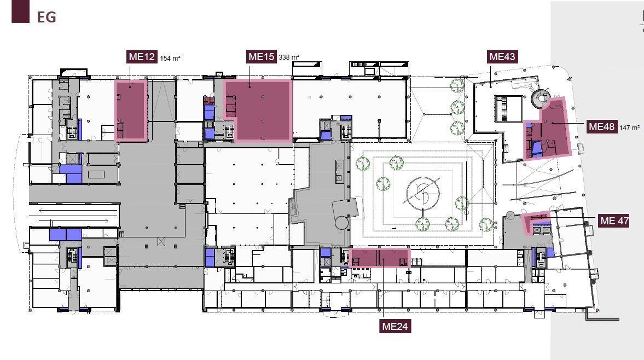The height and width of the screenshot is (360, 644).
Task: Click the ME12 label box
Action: tap(142, 57)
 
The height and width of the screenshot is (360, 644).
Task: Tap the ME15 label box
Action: tap(262, 57)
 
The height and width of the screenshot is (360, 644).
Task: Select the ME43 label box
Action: tap(502, 57)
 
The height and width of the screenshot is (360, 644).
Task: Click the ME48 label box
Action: tap(602, 127)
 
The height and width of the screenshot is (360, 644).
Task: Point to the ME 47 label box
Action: tap(614, 221)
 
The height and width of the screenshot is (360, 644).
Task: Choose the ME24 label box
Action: tap(395, 326)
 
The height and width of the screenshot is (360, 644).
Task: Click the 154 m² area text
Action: tap(170, 59)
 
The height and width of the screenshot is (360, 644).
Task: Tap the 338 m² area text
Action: tap(289, 57)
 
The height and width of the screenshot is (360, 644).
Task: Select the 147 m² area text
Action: tap(629, 128)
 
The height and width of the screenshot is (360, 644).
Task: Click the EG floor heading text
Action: tap(47, 18)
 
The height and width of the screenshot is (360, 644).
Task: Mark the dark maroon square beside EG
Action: tap(21, 11)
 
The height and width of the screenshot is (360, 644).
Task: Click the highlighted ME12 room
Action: tap(131, 110)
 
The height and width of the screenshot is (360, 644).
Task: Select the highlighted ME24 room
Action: tap(380, 257)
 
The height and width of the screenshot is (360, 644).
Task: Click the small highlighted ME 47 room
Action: tap(536, 224)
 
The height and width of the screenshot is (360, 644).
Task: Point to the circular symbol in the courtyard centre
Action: tap(422, 192)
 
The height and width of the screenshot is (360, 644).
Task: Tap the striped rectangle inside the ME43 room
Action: tap(509, 109)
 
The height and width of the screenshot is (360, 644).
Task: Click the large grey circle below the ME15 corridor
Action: tap(342, 223)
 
